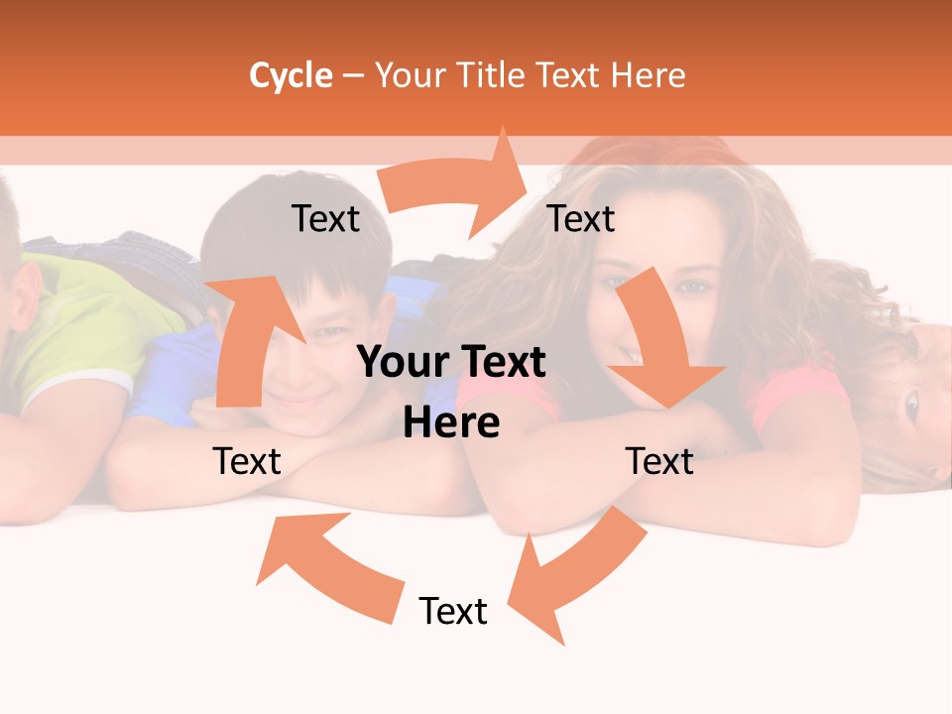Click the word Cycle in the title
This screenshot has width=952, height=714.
click(x=291, y=75)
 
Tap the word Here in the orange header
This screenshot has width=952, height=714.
click(x=648, y=75)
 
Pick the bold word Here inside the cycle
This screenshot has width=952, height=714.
click(x=451, y=422)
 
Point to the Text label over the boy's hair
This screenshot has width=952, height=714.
click(x=325, y=218)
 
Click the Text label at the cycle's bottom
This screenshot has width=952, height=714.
click(x=453, y=611)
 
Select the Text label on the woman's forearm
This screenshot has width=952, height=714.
click(x=659, y=461)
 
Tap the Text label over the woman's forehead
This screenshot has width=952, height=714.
click(x=581, y=218)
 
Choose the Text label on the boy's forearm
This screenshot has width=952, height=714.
click(x=247, y=461)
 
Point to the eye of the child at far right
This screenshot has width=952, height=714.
click(x=910, y=404)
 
